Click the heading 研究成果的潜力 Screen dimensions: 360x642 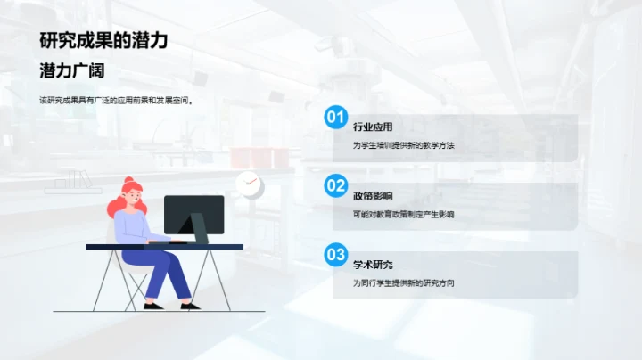[x=103, y=40]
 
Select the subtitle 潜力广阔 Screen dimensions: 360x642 [x=72, y=71]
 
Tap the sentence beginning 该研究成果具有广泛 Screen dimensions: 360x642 [x=116, y=100]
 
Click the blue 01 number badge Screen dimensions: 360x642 [x=335, y=116]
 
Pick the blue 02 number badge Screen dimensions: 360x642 [x=335, y=185]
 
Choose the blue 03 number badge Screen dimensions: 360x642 [x=335, y=255]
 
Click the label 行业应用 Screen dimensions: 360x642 [x=373, y=127]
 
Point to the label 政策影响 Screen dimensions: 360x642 [x=373, y=196]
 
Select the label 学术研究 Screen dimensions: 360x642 [x=373, y=266]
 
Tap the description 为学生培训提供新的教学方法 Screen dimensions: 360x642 [x=404, y=145]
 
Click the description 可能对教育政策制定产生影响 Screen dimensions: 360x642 [x=404, y=215]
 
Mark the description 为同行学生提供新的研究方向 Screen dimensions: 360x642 [x=404, y=284]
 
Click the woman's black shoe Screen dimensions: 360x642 [x=153, y=307]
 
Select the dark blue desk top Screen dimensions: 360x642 [x=164, y=246]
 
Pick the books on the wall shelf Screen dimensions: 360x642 [x=71, y=180]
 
